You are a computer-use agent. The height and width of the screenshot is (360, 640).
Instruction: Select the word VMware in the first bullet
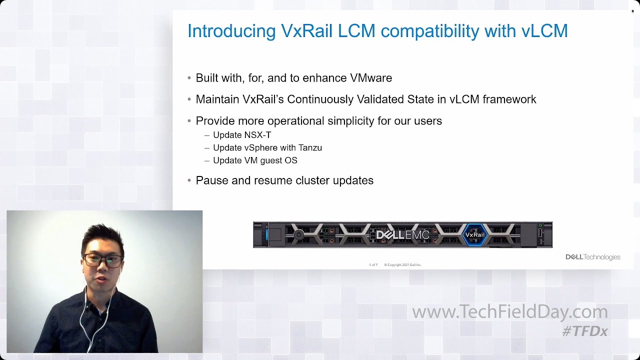pos(370,78)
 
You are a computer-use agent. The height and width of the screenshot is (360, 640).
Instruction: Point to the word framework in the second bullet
pos(509,99)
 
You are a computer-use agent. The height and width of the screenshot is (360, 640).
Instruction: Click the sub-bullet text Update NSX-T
pos(242,135)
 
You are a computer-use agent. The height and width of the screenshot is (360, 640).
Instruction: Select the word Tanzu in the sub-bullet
pos(309,148)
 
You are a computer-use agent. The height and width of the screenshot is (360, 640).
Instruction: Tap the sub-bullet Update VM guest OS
pos(255,160)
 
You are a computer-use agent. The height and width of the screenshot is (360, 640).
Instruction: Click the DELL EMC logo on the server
pos(402,234)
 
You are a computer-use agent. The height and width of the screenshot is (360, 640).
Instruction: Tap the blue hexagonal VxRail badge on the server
pos(475,234)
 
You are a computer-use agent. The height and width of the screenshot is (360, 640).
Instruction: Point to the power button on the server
pos(299,234)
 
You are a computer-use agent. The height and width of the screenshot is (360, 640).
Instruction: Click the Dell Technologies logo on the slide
pos(592,257)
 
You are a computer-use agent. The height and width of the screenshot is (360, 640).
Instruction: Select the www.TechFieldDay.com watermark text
pos(509,312)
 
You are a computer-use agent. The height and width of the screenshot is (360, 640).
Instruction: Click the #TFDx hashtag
pos(584,331)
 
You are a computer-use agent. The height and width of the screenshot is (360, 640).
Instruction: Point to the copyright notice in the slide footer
pos(402,264)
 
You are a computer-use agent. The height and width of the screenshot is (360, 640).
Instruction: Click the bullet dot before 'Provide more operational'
pos(189,121)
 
